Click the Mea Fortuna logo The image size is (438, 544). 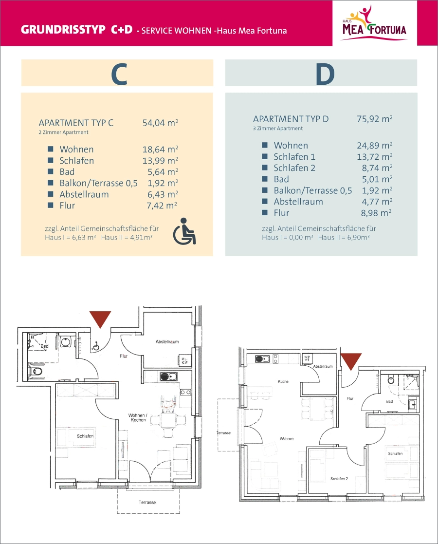pyautogui.click(x=375, y=23)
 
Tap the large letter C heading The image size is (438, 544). pyautogui.click(x=119, y=74)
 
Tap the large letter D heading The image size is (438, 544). pyautogui.click(x=325, y=74)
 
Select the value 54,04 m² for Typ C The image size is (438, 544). pyautogui.click(x=160, y=123)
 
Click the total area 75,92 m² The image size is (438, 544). pyautogui.click(x=375, y=119)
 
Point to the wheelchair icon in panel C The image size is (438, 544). pyautogui.click(x=184, y=231)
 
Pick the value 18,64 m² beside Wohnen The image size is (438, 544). pyautogui.click(x=160, y=150)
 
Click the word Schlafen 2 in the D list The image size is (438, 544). pyautogui.click(x=294, y=168)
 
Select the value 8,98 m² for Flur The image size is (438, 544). pyautogui.click(x=376, y=213)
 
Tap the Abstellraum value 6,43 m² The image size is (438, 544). pyautogui.click(x=163, y=194)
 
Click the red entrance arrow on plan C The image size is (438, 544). pyautogui.click(x=100, y=319)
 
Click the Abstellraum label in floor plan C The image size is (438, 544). pyautogui.click(x=167, y=342)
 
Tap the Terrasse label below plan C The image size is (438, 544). pyautogui.click(x=147, y=503)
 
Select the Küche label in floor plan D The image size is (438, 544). pyautogui.click(x=283, y=382)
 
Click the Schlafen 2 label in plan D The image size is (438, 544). pyautogui.click(x=339, y=479)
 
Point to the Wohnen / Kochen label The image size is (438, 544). pyautogui.click(x=138, y=417)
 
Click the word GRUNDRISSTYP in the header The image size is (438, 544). pyautogui.click(x=63, y=30)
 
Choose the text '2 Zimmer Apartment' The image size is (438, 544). pyautogui.click(x=63, y=132)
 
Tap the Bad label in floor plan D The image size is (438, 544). pyautogui.click(x=389, y=401)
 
